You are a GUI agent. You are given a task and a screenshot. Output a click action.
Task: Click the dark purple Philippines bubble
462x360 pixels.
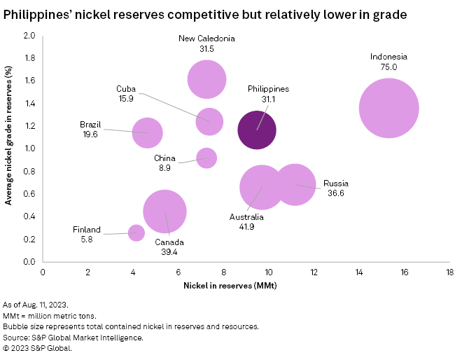tap(257, 130)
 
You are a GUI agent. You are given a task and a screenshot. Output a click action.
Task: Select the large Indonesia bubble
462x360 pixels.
tap(389, 108)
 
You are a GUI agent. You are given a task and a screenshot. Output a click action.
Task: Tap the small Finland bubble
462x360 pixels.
tap(136, 233)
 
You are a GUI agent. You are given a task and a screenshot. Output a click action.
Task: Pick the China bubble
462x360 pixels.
tap(206, 158)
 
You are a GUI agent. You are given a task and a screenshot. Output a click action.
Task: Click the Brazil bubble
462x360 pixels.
tap(147, 132)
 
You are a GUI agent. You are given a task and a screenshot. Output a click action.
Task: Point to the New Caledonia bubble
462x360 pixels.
tap(207, 79)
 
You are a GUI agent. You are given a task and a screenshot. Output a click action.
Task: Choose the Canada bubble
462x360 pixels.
tap(164, 212)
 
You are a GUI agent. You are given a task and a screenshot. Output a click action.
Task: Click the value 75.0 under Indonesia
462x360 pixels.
tap(388, 67)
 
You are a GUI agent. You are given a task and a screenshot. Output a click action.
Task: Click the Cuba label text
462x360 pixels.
tap(126, 89)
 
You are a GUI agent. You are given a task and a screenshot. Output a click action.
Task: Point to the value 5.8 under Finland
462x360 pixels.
tap(87, 240)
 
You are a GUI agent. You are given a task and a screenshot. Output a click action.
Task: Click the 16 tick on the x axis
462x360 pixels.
tap(404, 272)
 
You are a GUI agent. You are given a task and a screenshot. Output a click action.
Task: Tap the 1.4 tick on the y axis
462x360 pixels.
tap(30, 103)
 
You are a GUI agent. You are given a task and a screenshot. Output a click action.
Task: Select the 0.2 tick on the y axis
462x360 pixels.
tap(30, 239)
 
